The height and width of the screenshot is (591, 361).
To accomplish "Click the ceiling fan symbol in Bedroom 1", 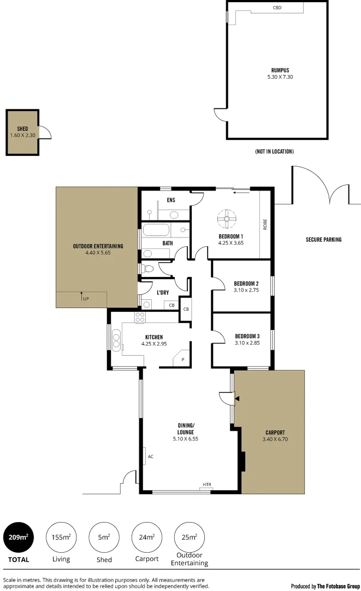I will click(x=224, y=219).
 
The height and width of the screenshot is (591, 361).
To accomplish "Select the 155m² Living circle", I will click(x=61, y=537).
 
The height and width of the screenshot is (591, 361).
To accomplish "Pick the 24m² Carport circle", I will click(x=147, y=537).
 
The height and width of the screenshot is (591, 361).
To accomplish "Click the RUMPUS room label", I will click(x=280, y=70).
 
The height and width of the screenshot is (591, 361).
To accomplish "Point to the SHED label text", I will click(x=22, y=129).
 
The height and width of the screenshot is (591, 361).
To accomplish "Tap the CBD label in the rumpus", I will click(x=277, y=8).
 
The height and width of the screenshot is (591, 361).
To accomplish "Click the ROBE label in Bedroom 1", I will click(x=265, y=224).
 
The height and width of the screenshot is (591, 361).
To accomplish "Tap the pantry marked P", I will click(x=182, y=360).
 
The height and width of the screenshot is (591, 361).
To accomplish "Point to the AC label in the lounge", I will click(x=150, y=455).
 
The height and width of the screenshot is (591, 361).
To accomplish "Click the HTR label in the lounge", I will click(x=207, y=485).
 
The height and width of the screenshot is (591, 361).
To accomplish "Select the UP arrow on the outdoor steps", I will click(x=83, y=298).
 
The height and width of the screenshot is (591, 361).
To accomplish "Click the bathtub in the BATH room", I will click(x=160, y=230).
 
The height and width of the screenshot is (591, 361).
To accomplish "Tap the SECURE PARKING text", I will click(x=323, y=240).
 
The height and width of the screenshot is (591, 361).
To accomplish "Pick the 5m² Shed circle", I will click(x=104, y=537).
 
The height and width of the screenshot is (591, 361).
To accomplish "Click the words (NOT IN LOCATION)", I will click(x=274, y=152).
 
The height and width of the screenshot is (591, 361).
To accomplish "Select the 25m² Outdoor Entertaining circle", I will click(x=189, y=537).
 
